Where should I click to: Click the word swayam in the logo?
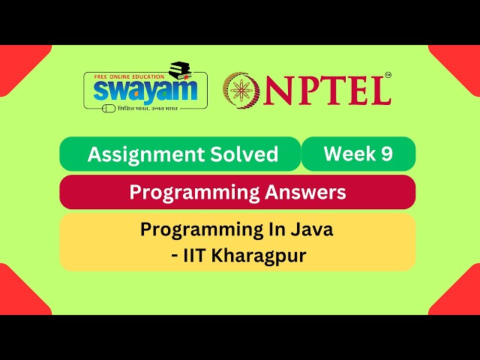[145, 90]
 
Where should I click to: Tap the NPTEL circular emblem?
[241, 89]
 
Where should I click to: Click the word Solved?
[243, 154]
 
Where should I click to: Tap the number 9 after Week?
[386, 154]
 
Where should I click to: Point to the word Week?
[349, 154]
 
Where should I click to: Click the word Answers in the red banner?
[304, 193]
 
